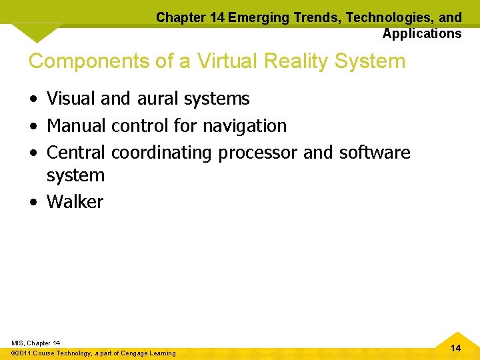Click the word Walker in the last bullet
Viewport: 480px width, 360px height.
click(x=75, y=202)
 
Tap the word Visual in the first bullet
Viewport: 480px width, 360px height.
click(x=71, y=99)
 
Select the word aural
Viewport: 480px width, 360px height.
click(x=158, y=99)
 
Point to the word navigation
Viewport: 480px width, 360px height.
click(x=245, y=125)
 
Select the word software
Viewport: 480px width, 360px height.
click(x=375, y=152)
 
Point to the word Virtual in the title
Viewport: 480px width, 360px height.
click(x=221, y=61)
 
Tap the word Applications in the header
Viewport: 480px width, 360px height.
click(x=422, y=33)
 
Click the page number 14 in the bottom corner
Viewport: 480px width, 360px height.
click(x=455, y=348)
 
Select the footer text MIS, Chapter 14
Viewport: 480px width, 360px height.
click(x=35, y=343)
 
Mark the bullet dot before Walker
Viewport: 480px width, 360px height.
click(x=33, y=203)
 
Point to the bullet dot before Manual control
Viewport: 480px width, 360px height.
click(x=33, y=126)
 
